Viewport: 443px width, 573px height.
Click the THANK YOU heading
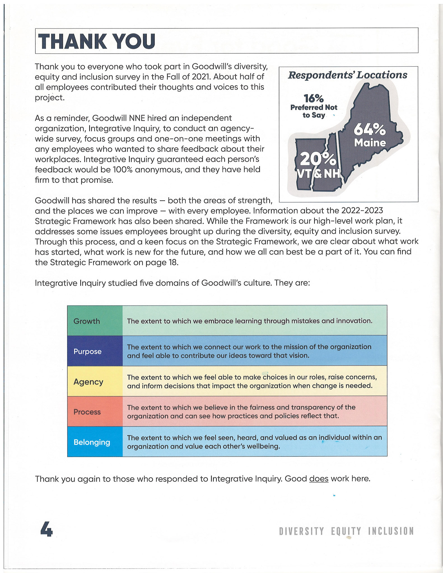(x=97, y=41)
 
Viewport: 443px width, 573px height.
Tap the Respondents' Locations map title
(x=348, y=75)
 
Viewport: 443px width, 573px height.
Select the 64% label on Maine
(x=370, y=129)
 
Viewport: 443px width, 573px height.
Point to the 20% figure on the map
(x=318, y=159)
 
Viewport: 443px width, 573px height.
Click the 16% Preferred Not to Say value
(x=313, y=98)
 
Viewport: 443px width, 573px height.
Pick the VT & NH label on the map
(x=319, y=174)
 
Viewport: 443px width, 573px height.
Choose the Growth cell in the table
(x=87, y=321)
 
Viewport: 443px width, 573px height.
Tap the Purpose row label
(x=87, y=351)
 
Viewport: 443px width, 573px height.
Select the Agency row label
(x=88, y=382)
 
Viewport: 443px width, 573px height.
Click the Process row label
(x=87, y=412)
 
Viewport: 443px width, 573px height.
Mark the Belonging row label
(x=92, y=442)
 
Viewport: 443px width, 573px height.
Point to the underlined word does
(x=319, y=479)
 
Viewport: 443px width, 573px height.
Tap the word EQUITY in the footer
(x=346, y=531)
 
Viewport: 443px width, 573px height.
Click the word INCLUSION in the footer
(x=391, y=531)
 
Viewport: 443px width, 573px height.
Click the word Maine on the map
(x=370, y=143)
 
